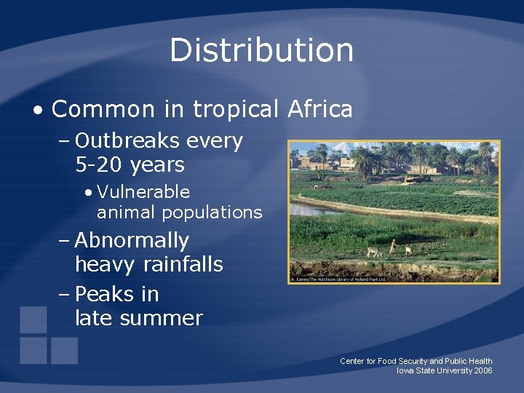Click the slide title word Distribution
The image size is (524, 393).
point(262,51)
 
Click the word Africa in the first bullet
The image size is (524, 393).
point(320,110)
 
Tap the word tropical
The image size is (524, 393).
point(235,110)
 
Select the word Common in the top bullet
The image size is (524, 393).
point(103,110)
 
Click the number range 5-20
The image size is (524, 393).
point(100,165)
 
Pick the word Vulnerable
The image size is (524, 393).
point(143,192)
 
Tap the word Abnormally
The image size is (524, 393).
point(132,240)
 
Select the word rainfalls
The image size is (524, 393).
point(183,264)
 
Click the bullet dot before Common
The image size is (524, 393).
point(37,111)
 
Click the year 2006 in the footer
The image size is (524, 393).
point(483,370)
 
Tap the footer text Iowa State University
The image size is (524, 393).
point(434,370)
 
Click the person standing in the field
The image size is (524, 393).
point(393,247)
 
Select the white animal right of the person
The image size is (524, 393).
point(408,250)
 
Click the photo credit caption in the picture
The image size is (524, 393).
point(338,279)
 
